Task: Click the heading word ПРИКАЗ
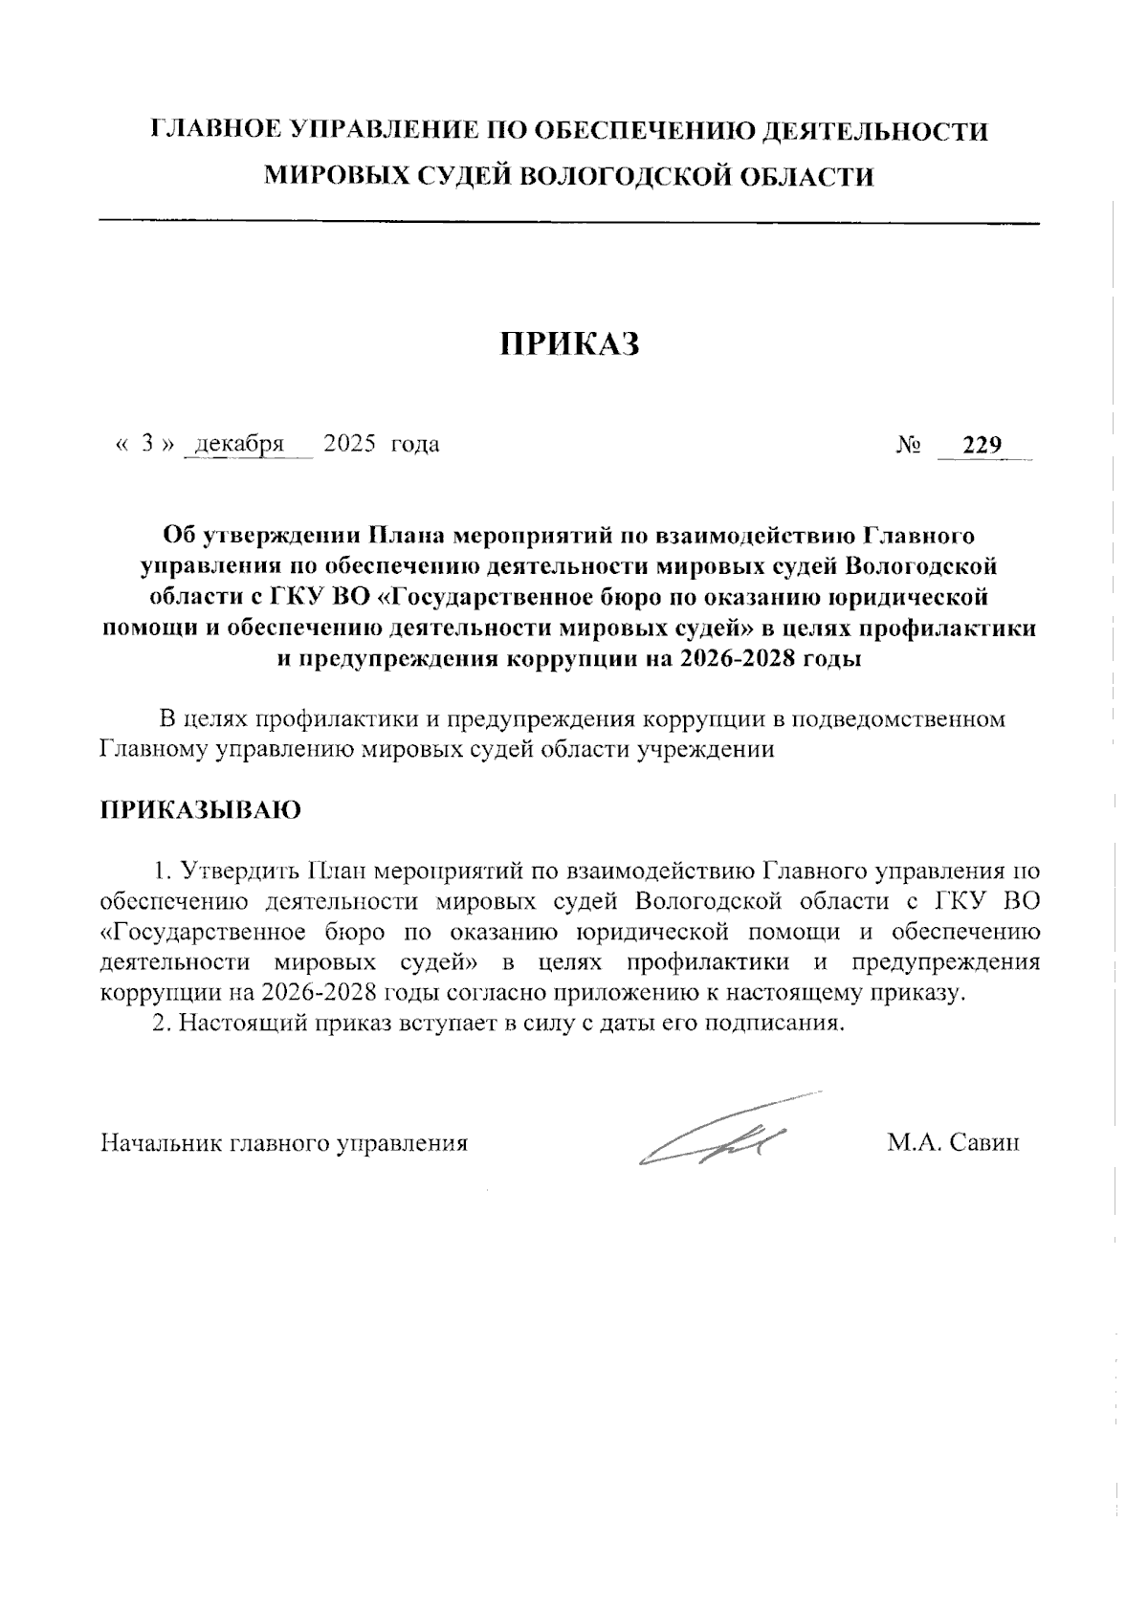tap(570, 344)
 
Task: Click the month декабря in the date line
tap(239, 444)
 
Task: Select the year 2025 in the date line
tap(349, 444)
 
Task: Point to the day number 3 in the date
tap(147, 444)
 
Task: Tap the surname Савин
tap(985, 1142)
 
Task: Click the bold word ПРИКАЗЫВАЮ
tap(201, 809)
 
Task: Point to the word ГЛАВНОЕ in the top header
tap(216, 131)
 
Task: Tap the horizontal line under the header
tap(570, 223)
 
